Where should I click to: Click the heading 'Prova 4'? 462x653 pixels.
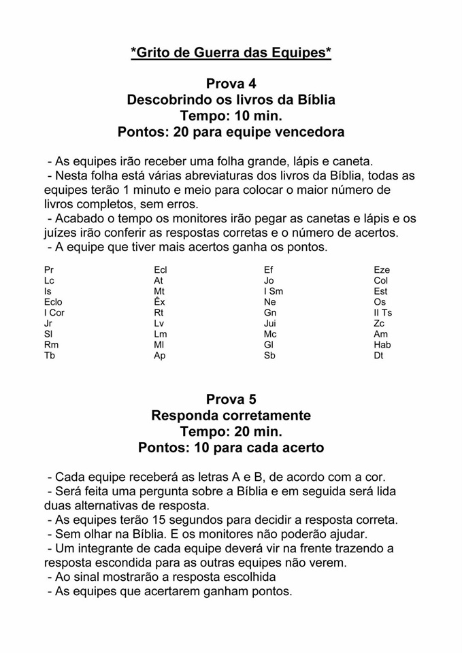[231, 84]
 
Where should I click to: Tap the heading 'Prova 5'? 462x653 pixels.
[231, 399]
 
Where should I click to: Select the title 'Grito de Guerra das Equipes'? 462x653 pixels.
[231, 52]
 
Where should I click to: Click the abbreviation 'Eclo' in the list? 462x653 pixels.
[53, 302]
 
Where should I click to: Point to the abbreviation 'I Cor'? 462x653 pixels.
[54, 313]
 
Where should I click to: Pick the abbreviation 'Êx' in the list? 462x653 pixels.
[160, 302]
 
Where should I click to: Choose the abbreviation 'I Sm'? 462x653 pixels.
[274, 291]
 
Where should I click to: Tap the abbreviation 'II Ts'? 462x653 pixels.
[382, 313]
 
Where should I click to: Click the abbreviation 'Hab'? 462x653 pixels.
[382, 345]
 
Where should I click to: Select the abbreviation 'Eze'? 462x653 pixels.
[382, 270]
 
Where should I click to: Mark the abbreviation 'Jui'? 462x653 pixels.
[270, 324]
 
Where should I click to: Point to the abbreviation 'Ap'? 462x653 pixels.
[160, 356]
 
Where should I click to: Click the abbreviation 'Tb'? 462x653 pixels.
[50, 356]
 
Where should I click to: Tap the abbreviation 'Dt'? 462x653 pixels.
[379, 356]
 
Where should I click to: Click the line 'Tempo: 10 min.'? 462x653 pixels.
[231, 116]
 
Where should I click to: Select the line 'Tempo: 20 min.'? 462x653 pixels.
[231, 431]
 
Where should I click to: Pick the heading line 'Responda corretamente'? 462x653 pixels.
[231, 415]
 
